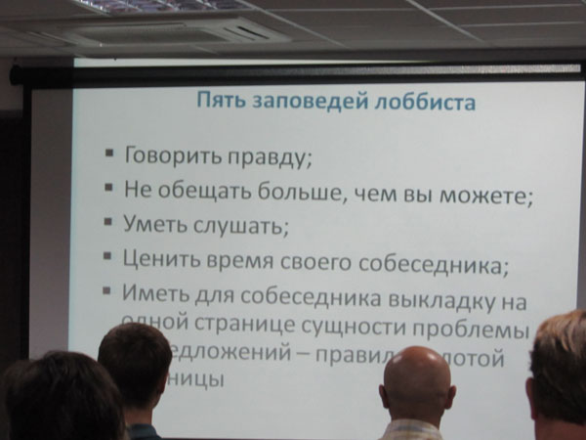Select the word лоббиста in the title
416,101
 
